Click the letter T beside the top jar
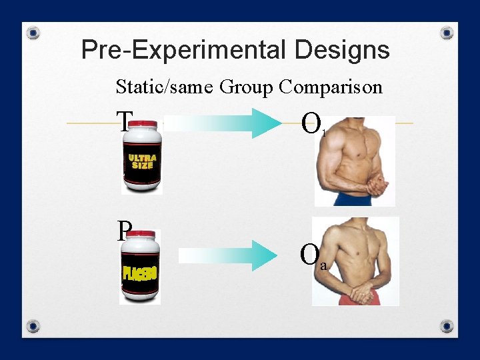point(123,121)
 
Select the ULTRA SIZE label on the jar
point(142,162)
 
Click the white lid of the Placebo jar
point(141,239)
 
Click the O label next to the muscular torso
point(311,123)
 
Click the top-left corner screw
point(33,32)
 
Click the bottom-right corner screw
point(447,326)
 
